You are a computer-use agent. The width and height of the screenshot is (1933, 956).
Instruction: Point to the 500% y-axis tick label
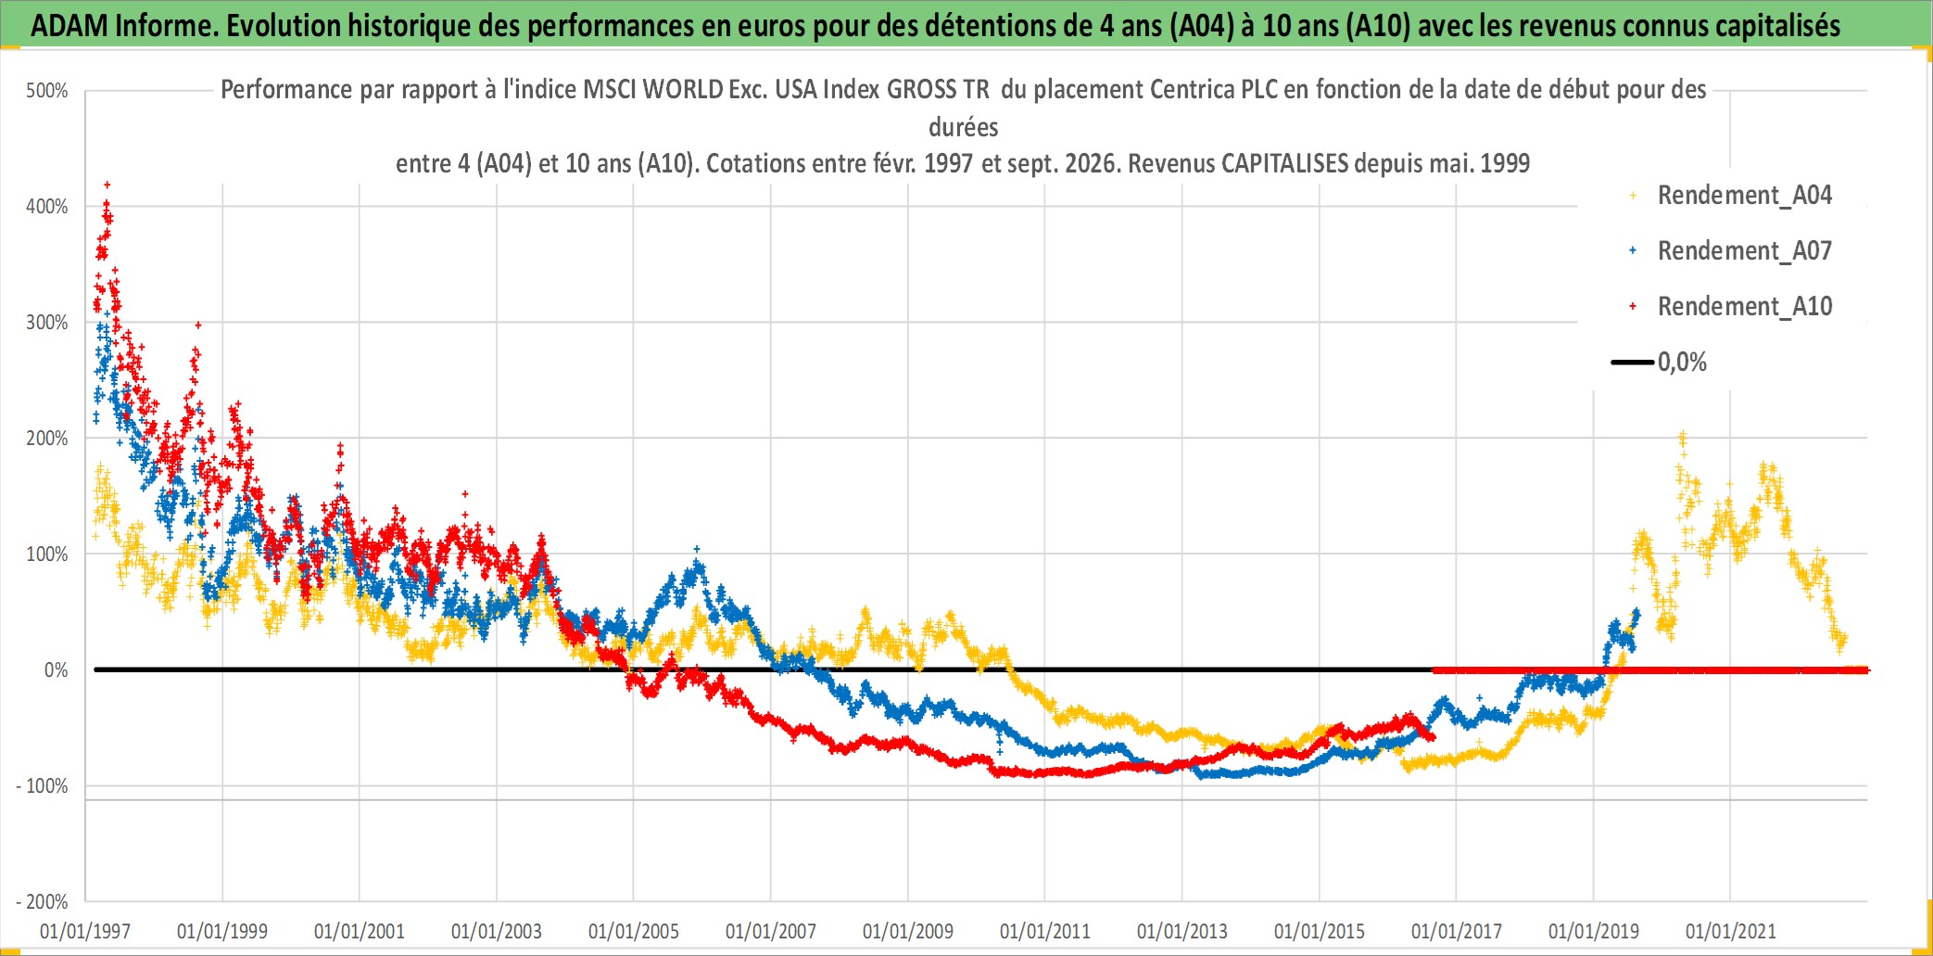[x=47, y=91]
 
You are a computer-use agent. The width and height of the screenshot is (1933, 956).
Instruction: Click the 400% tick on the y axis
[x=47, y=207]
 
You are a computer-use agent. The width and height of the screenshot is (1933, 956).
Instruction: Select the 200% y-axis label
[x=47, y=439]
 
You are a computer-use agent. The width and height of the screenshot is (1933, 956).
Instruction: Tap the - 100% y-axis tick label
[x=42, y=786]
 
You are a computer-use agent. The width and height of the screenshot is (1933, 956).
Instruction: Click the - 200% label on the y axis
[x=42, y=902]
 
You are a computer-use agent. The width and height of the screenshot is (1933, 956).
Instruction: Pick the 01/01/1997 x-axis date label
[x=85, y=931]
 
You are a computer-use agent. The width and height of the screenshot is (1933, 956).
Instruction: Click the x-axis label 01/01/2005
[x=634, y=931]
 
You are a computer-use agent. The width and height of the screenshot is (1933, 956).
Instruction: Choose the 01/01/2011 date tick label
[x=1045, y=931]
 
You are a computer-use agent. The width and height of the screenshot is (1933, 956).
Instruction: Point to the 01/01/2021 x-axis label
[x=1731, y=931]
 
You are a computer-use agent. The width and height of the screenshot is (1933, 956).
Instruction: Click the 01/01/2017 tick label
[x=1457, y=931]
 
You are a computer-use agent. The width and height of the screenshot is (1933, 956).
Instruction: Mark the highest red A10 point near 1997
[x=107, y=185]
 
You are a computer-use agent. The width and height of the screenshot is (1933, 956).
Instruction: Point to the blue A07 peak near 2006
[x=697, y=550]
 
